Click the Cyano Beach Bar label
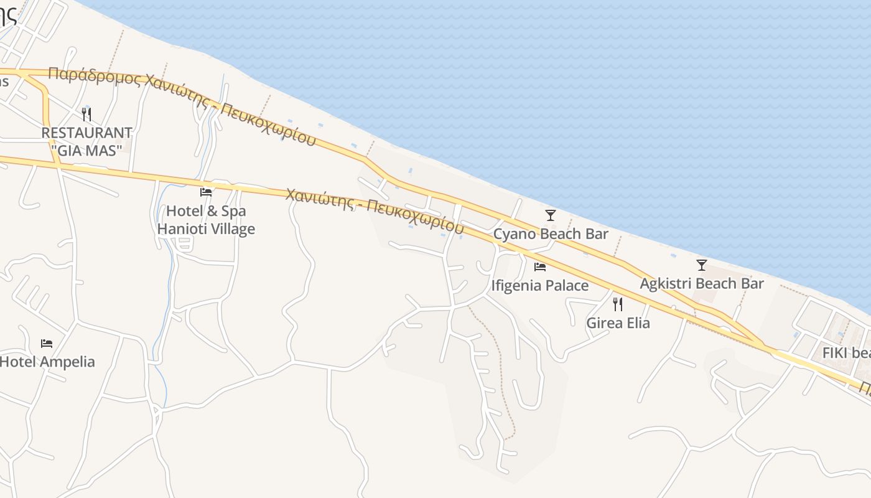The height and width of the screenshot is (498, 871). [x=550, y=234]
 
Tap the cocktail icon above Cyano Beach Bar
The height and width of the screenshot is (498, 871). [x=550, y=215]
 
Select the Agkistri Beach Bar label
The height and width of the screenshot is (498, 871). [x=702, y=284]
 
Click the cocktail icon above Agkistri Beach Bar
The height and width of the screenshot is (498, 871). [x=702, y=265]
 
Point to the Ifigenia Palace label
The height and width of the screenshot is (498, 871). [x=539, y=286]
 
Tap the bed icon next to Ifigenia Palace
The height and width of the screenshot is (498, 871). [x=539, y=267]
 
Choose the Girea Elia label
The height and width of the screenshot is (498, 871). [x=618, y=323]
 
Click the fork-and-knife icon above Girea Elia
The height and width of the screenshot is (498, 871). [x=618, y=304]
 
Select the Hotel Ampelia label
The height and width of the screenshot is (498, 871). [x=47, y=362]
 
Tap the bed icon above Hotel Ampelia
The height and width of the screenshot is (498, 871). [x=47, y=343]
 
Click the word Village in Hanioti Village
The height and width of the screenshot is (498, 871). [x=230, y=229]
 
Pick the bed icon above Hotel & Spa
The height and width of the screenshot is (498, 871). [x=206, y=192]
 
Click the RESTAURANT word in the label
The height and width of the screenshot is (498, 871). [x=86, y=133]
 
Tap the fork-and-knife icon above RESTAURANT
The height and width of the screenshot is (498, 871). [x=86, y=114]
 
